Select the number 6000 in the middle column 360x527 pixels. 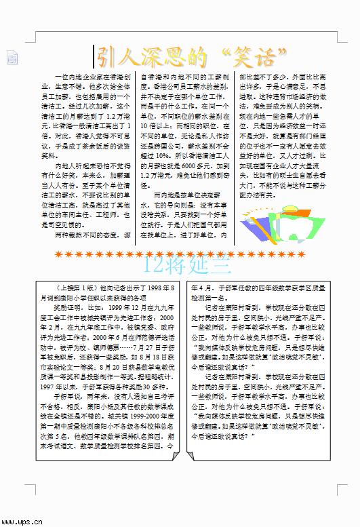(188, 166)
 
